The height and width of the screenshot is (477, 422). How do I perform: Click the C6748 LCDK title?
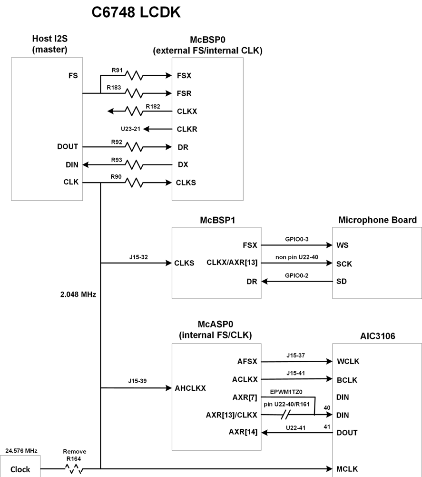pyautogui.click(x=136, y=12)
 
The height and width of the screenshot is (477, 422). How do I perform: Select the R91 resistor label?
pyautogui.click(x=117, y=70)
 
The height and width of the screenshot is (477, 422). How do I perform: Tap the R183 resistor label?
pyautogui.click(x=114, y=88)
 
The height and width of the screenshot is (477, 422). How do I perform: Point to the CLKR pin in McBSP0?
pyautogui.click(x=187, y=129)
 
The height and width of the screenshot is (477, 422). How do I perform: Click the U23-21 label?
pyautogui.click(x=131, y=129)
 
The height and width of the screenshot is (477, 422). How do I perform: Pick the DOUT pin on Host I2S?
pyautogui.click(x=68, y=147)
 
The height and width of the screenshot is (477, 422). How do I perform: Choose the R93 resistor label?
pyautogui.click(x=117, y=160)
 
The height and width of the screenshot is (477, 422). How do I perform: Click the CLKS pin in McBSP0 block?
pyautogui.click(x=186, y=183)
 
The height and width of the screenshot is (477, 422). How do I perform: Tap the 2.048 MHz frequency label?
pyautogui.click(x=78, y=294)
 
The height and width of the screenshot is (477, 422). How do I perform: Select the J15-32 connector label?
pyautogui.click(x=138, y=257)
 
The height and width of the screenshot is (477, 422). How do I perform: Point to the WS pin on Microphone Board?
pyautogui.click(x=343, y=245)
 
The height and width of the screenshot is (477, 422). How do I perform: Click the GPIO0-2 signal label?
pyautogui.click(x=296, y=275)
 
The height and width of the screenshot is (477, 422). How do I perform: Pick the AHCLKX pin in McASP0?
pyautogui.click(x=190, y=388)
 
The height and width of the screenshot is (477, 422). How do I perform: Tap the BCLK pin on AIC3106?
pyautogui.click(x=347, y=380)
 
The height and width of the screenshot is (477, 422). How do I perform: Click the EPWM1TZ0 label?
pyautogui.click(x=286, y=392)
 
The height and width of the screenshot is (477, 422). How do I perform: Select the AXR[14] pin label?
pyautogui.click(x=243, y=432)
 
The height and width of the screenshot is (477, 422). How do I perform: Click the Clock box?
pyautogui.click(x=20, y=466)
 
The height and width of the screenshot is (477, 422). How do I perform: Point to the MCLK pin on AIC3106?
pyautogui.click(x=347, y=469)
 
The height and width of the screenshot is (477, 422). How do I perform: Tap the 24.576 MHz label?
pyautogui.click(x=21, y=451)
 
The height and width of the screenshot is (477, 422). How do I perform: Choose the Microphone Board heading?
pyautogui.click(x=377, y=220)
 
